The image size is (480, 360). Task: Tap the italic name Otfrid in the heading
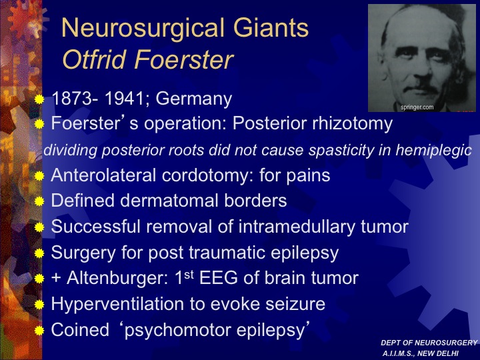pos(94,59)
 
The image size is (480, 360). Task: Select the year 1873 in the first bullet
pos(72,99)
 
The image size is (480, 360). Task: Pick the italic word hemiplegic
pos(433,150)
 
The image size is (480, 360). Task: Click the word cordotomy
pos(205,176)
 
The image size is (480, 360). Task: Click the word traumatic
pos(227,253)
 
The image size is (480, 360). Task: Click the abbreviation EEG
pos(218,278)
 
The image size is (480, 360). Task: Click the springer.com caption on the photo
pos(417,107)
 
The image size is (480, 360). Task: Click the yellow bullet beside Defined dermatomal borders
pos(39,201)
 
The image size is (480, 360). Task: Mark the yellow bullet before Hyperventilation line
pos(39,305)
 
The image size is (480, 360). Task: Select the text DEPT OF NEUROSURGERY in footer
pos(429,343)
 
